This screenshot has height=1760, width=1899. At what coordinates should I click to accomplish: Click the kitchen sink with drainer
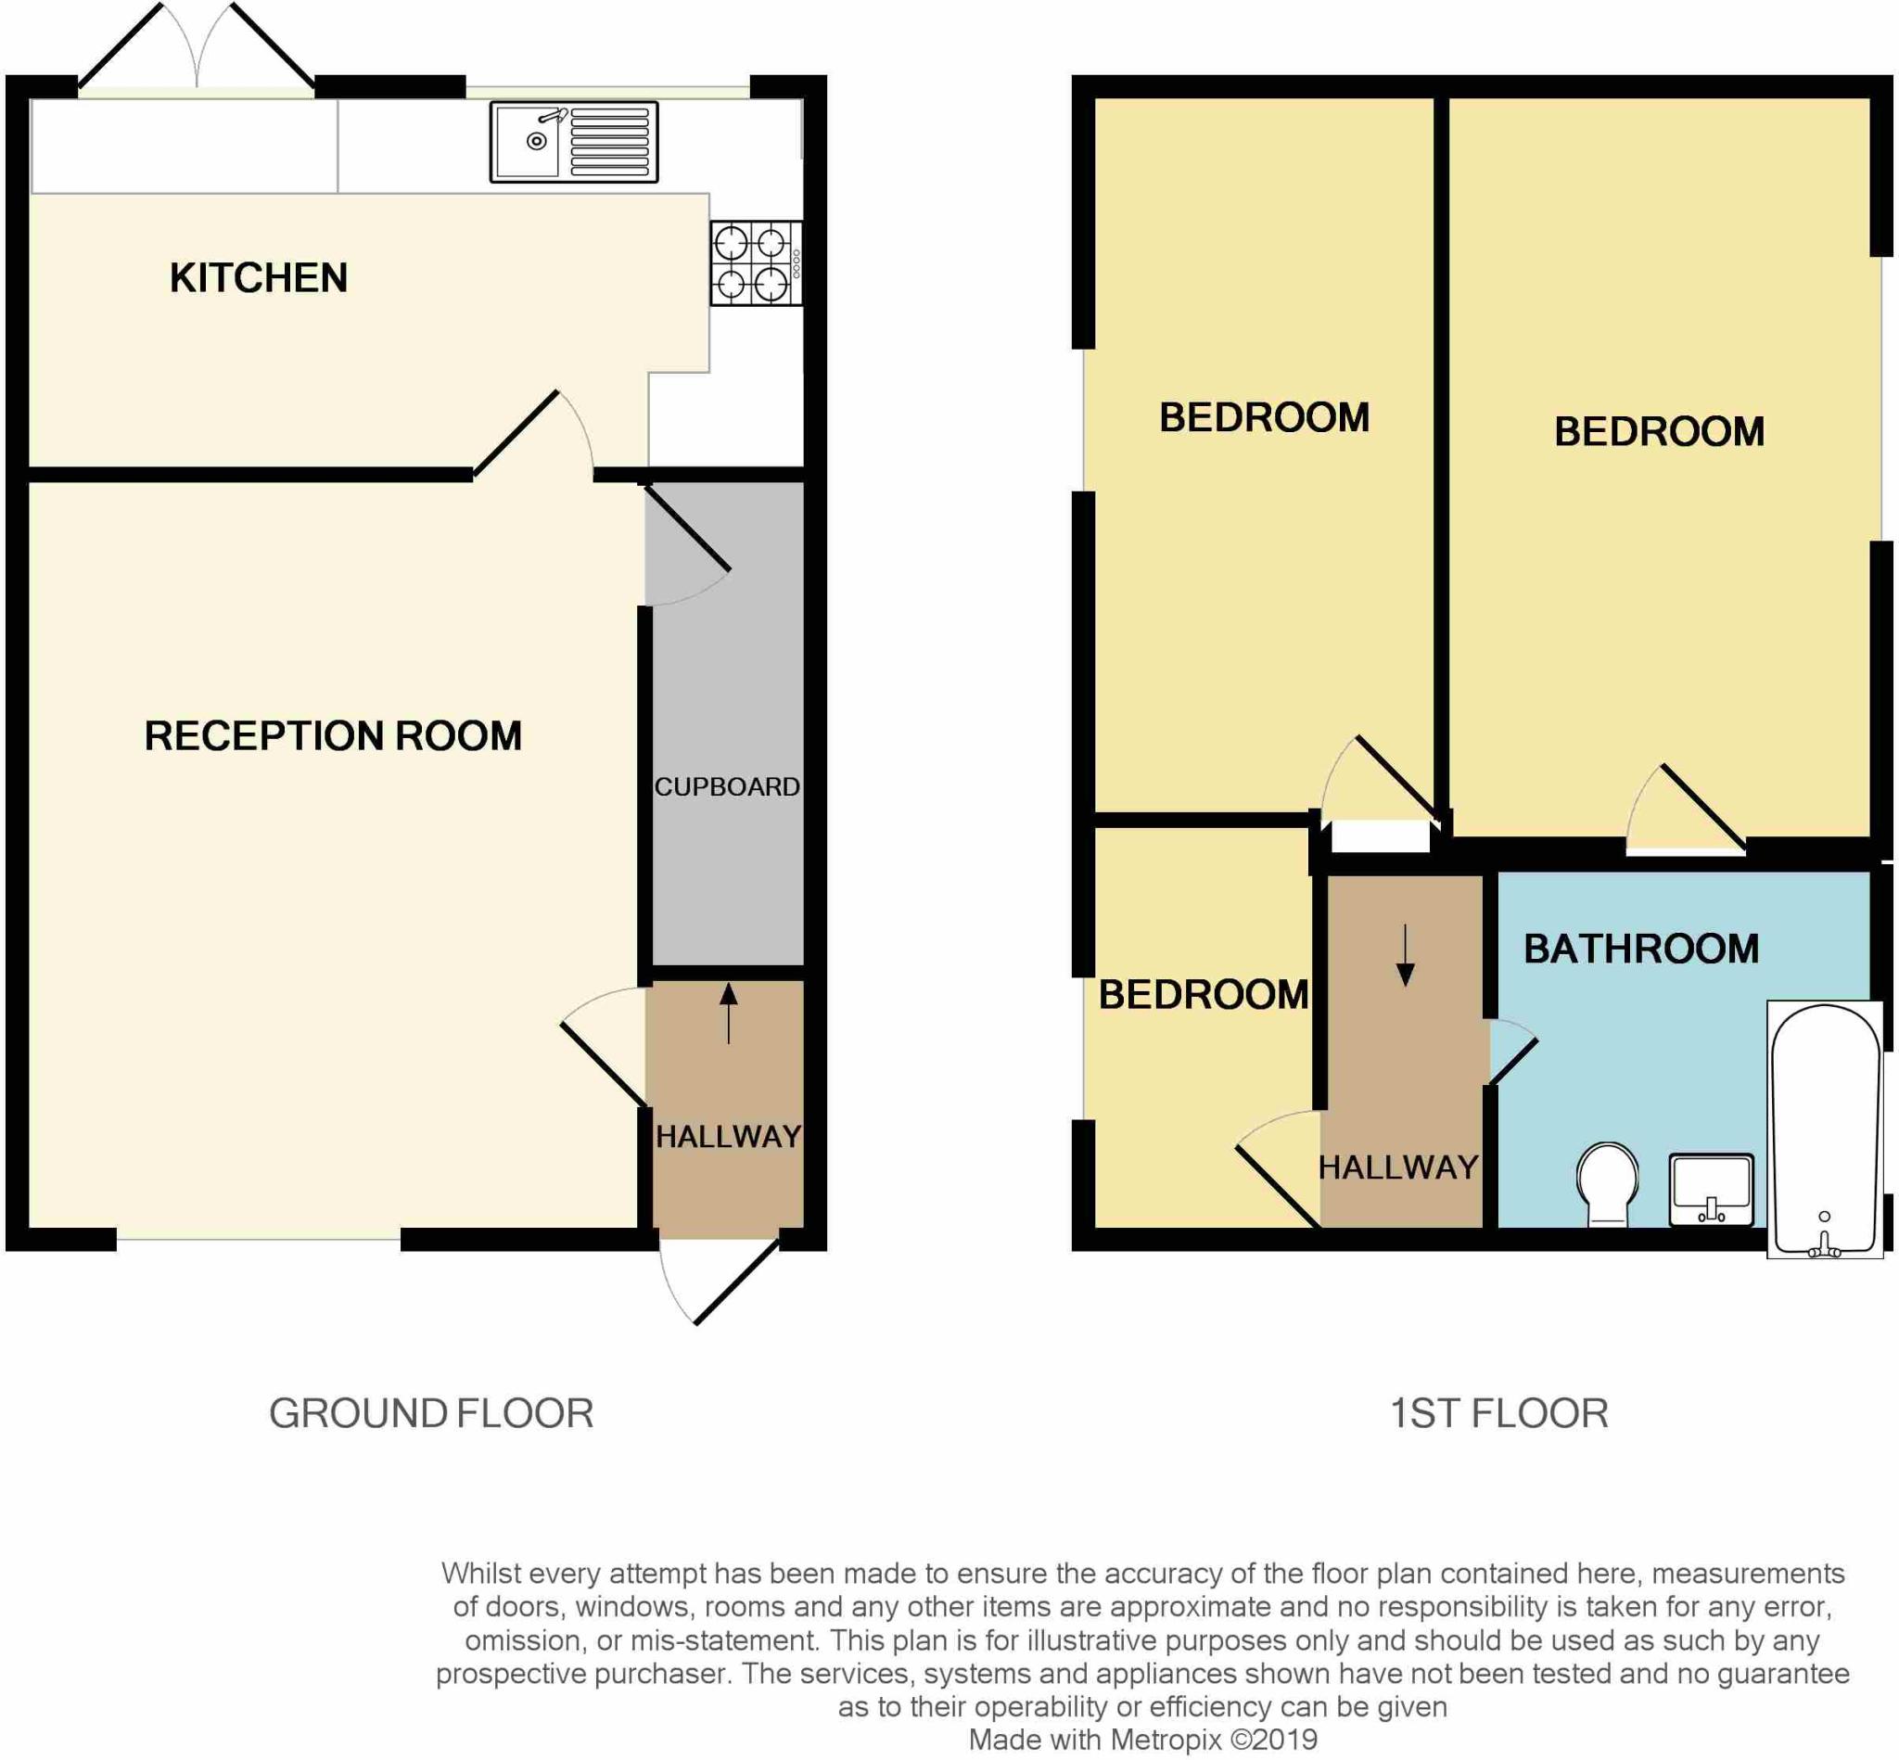[573, 142]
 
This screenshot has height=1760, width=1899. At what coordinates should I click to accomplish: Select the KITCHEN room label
[258, 278]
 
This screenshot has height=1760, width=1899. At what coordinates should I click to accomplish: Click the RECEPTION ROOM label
[332, 736]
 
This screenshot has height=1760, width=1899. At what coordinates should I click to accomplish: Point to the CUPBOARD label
[727, 786]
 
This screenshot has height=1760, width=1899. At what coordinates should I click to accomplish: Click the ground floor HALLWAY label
[728, 1136]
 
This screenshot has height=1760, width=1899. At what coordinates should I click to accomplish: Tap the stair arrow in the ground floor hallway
[729, 1014]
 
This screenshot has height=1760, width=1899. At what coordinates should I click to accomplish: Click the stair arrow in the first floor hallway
[1405, 954]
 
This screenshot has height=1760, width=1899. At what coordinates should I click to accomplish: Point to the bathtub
[1825, 1129]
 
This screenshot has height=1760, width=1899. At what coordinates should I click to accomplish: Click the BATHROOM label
[1641, 949]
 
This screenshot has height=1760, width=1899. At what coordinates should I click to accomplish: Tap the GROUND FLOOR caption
[431, 1413]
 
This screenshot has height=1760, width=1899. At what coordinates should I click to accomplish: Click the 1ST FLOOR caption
[1499, 1413]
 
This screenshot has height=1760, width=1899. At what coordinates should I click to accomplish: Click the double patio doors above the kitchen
[197, 47]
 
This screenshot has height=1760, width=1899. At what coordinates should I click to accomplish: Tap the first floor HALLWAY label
[1398, 1167]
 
